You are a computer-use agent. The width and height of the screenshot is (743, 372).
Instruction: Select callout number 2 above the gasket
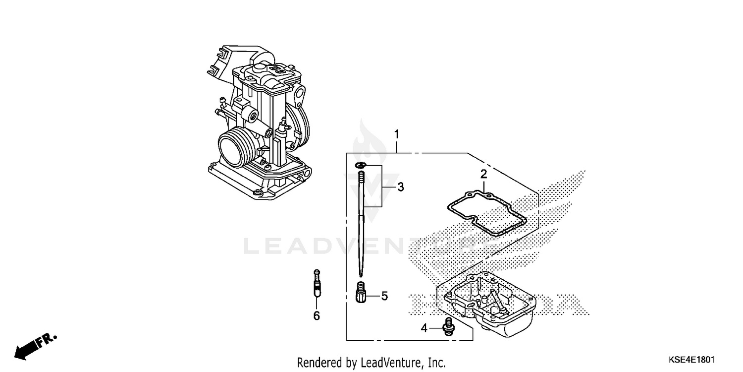point(483,174)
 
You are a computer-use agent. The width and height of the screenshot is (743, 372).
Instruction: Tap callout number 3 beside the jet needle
point(400,187)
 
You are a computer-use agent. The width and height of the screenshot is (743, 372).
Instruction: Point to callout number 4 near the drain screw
point(424,328)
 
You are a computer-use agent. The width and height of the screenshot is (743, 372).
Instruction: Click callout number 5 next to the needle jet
point(384,296)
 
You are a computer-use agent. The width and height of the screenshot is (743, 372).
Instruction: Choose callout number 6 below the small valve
point(317,315)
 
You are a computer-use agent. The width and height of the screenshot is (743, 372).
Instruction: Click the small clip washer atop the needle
point(361,165)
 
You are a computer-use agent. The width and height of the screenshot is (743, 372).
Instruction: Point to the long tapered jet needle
point(362,223)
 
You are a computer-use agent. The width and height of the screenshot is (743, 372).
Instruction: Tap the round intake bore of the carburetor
point(232,150)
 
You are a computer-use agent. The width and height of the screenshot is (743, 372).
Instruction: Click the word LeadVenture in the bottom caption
point(391,363)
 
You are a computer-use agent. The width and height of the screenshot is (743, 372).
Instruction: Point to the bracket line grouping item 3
point(382,187)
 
